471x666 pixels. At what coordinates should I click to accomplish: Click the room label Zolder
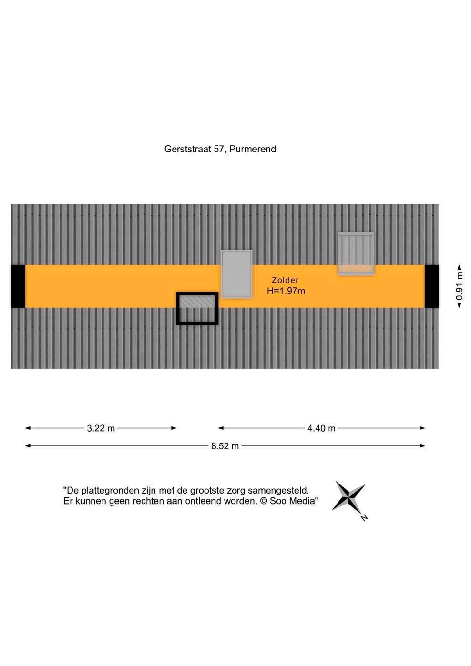(285, 280)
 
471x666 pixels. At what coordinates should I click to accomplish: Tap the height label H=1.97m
(286, 291)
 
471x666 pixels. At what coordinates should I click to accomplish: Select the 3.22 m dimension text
(101, 428)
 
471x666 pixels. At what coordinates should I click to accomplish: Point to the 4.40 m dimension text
(321, 428)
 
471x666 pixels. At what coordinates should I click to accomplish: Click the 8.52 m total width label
(225, 446)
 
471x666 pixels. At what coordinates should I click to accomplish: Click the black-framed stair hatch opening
(197, 308)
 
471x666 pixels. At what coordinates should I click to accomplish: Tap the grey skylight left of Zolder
(236, 274)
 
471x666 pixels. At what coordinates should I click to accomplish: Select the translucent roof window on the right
(356, 253)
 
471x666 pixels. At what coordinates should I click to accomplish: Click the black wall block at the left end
(18, 286)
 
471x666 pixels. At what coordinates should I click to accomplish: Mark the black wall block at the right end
(431, 286)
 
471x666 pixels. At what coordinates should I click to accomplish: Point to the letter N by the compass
(364, 517)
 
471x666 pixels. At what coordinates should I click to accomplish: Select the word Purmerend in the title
(253, 149)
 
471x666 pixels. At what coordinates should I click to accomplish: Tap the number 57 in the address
(219, 149)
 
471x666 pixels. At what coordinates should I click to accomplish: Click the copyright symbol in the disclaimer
(264, 501)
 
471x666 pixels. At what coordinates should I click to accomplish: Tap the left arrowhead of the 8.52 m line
(27, 446)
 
